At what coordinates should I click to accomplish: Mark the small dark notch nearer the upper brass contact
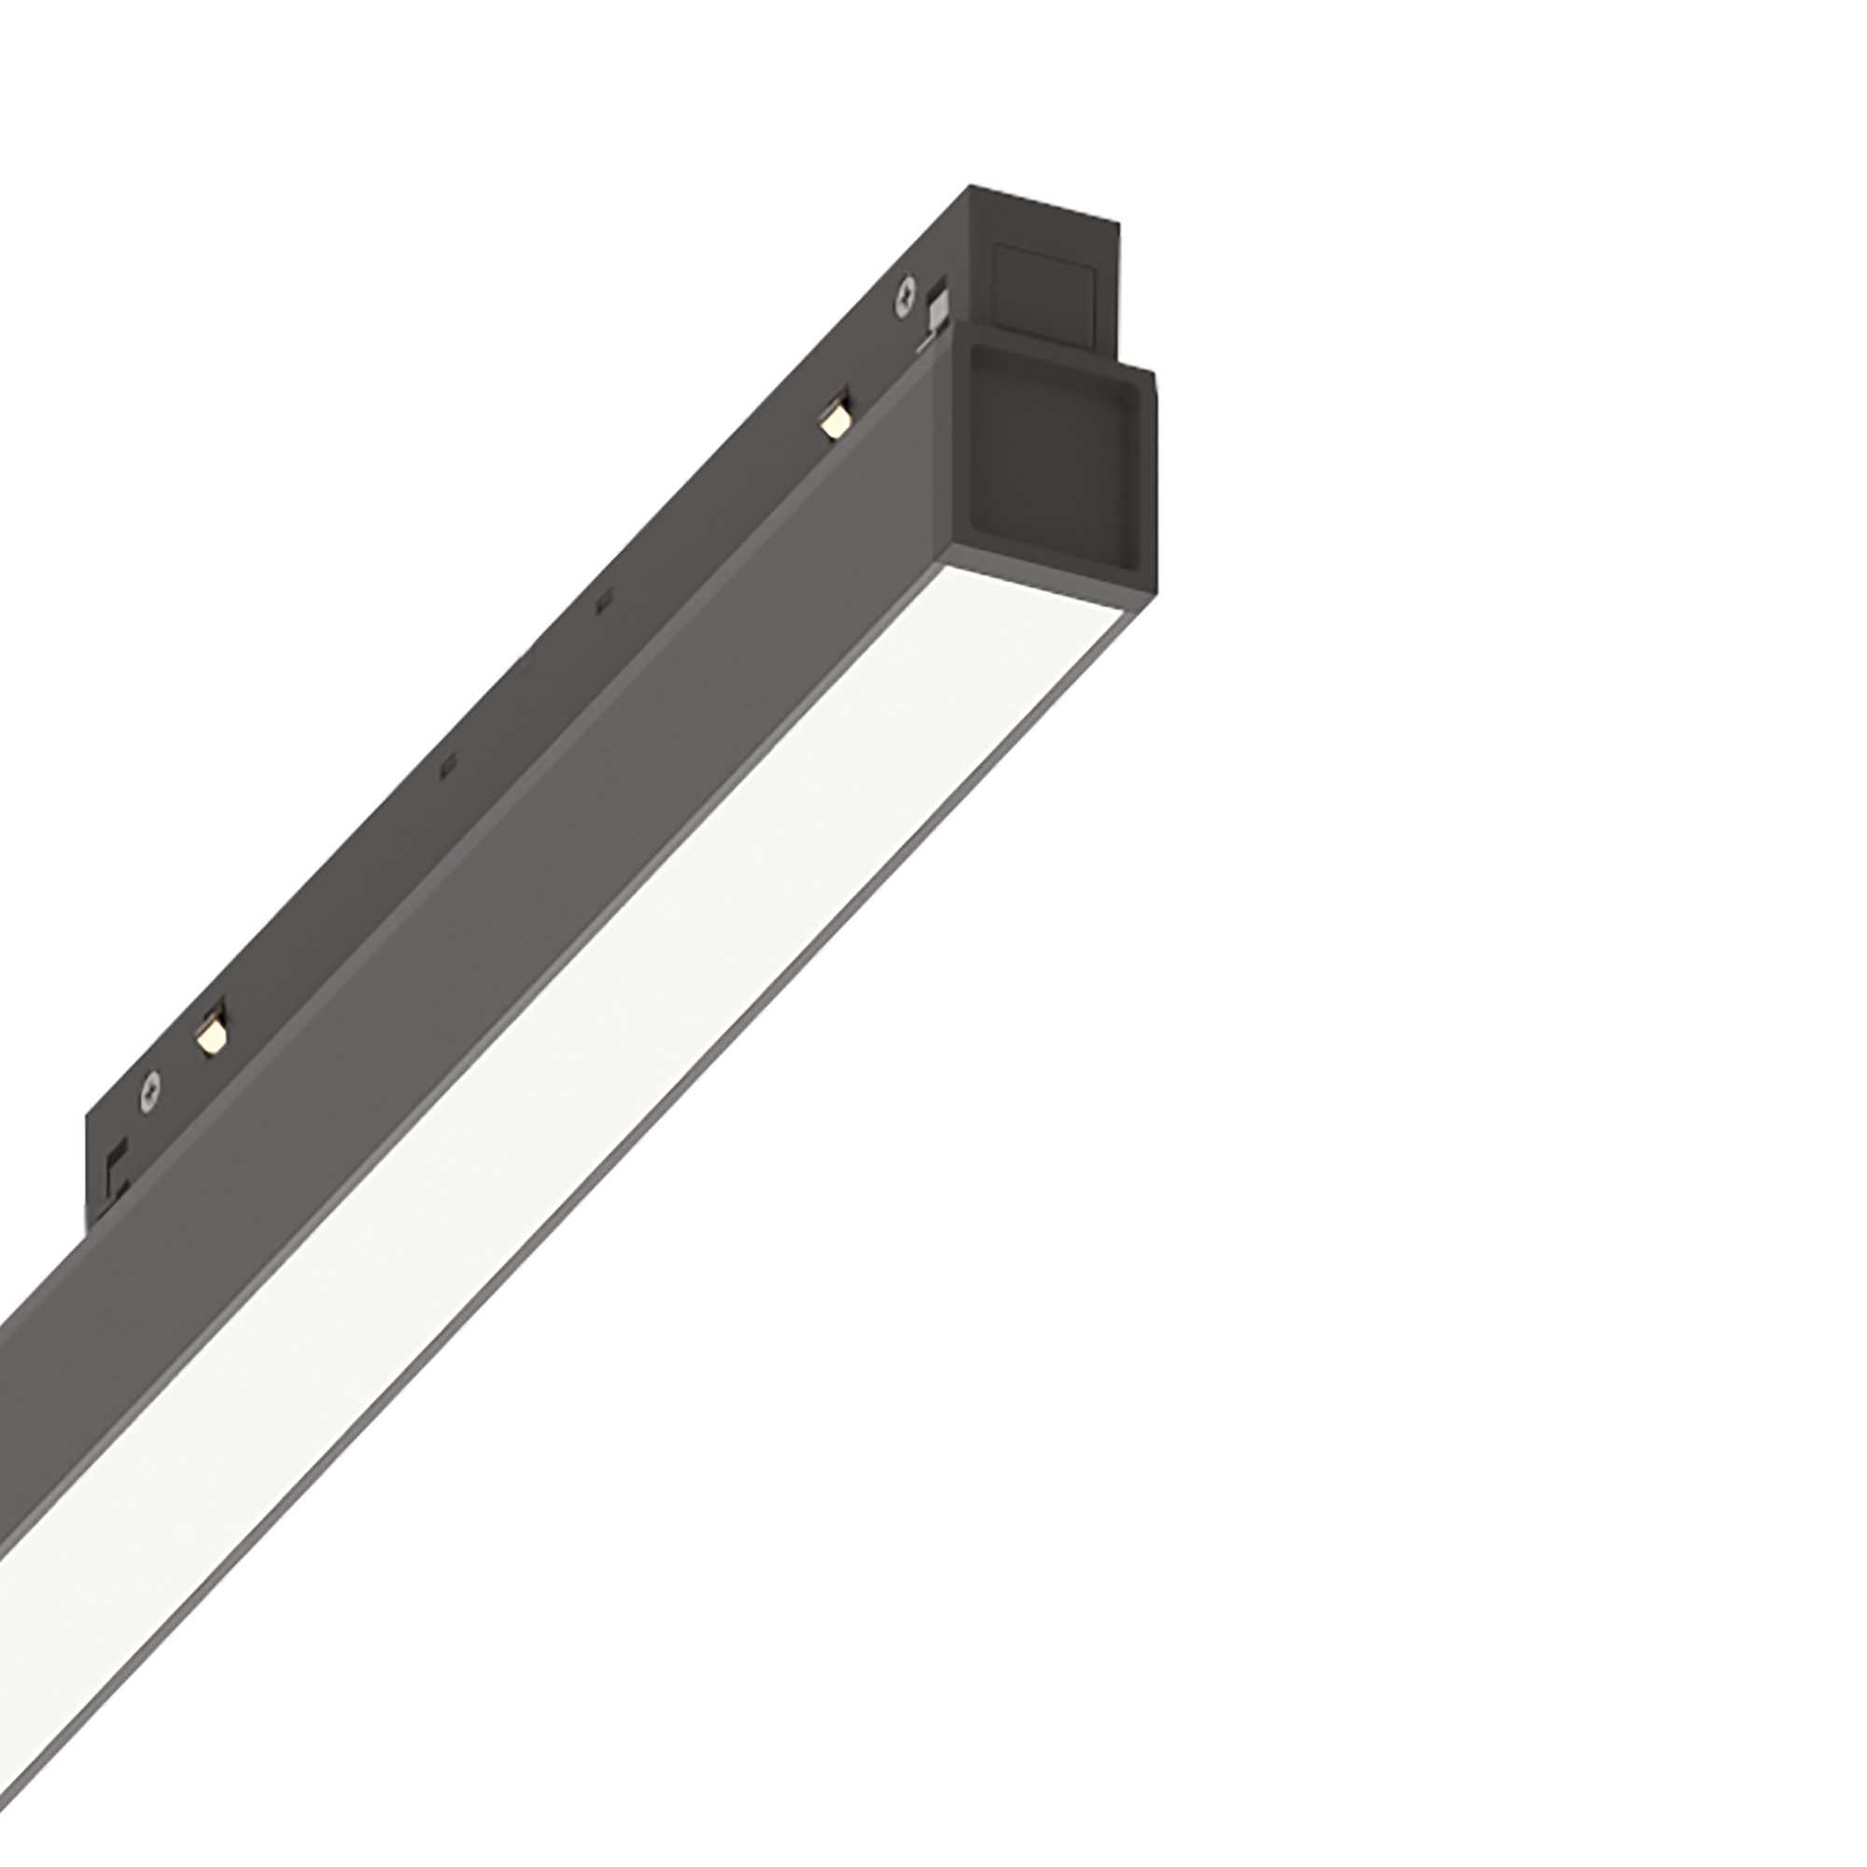click(603, 603)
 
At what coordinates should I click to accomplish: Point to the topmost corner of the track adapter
click(969, 188)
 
